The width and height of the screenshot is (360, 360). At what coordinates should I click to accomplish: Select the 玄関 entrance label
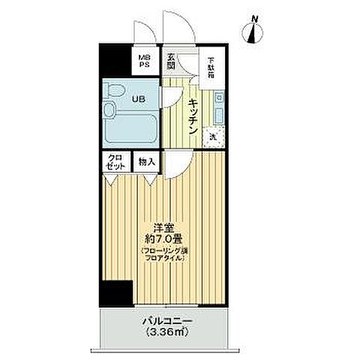[172, 59]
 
